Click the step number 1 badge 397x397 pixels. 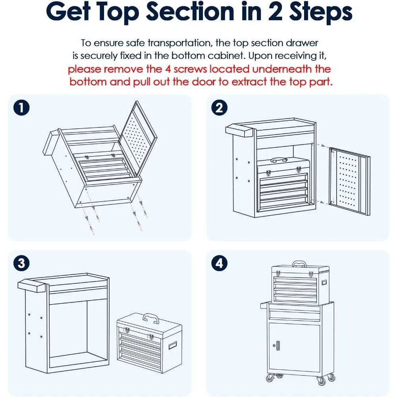[21, 108]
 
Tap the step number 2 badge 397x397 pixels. [219, 108]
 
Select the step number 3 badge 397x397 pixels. [21, 263]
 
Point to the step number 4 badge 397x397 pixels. [219, 263]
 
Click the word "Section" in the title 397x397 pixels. [190, 12]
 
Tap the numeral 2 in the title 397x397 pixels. [275, 12]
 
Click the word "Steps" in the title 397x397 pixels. [320, 13]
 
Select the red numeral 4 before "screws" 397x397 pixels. [168, 69]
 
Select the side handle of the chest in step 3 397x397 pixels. [173, 345]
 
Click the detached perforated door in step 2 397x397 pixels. [349, 181]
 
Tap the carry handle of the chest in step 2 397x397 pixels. [279, 160]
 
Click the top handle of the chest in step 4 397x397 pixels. [299, 264]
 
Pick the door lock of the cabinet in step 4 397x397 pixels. [277, 345]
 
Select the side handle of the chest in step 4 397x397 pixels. [324, 282]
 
